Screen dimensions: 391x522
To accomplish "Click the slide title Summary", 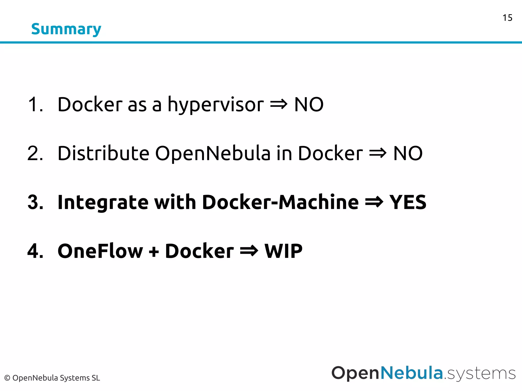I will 66,29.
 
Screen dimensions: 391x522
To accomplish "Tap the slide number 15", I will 507,18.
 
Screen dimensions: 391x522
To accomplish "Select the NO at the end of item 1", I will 309,104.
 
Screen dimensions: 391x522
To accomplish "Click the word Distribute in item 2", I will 103,153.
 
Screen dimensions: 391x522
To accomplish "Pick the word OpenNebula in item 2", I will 213,153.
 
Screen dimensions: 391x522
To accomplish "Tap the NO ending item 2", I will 408,153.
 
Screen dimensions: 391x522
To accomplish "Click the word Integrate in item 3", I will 103,202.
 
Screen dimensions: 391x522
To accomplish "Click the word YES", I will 408,202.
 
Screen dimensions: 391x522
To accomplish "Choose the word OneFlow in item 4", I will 100,251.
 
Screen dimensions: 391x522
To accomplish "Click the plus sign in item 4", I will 154,252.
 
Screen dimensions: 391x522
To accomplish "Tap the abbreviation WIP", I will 283,251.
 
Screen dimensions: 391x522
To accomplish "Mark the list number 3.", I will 35,202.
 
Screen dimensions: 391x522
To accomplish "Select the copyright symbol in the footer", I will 7,378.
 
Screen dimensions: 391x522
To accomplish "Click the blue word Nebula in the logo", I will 411,373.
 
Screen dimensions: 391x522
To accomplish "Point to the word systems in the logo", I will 481,374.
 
